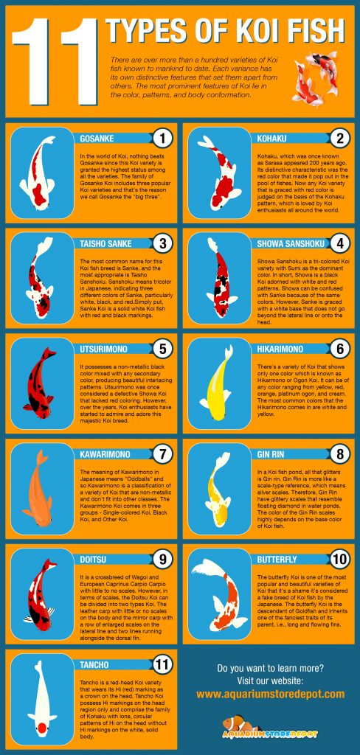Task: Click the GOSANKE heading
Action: (x=99, y=137)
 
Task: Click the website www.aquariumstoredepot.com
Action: (x=271, y=694)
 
